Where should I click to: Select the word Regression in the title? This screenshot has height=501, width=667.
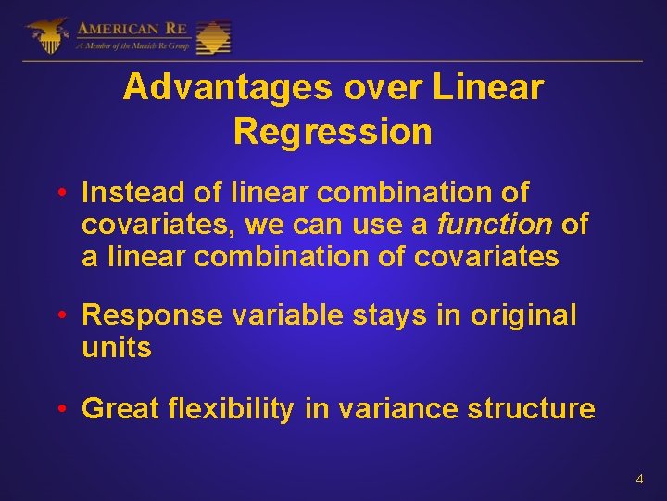pos(333,132)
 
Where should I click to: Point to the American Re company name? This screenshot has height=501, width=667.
pos(133,27)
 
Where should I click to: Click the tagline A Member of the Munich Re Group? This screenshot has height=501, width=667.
pos(133,45)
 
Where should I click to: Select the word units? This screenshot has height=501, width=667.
pos(116,348)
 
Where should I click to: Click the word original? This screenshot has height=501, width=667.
pos(522,315)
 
